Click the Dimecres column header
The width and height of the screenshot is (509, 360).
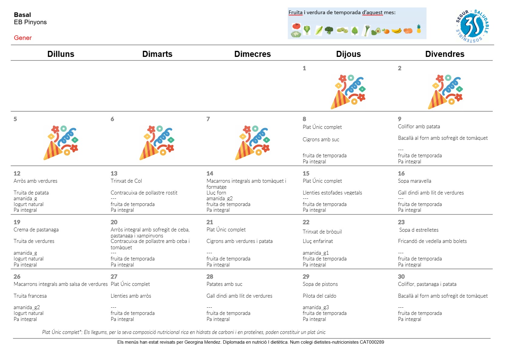click(252, 54)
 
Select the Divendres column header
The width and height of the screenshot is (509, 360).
click(445, 54)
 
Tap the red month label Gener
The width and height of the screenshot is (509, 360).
click(23, 38)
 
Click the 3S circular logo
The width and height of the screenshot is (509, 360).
click(472, 26)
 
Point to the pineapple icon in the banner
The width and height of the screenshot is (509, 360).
click(419, 29)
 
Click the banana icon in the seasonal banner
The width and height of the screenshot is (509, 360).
click(396, 30)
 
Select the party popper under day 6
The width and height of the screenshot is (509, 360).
click(157, 142)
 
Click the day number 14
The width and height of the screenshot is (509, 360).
click(210, 173)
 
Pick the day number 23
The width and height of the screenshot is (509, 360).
click(401, 222)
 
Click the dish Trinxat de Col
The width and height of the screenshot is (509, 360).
click(126, 181)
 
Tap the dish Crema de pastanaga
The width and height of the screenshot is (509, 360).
click(36, 230)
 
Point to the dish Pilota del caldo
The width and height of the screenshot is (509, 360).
click(319, 296)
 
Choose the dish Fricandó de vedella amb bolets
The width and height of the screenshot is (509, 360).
click(432, 241)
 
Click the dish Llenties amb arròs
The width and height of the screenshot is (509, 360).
click(131, 296)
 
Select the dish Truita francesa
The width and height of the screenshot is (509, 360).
click(30, 296)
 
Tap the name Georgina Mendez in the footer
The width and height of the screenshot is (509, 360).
click(202, 342)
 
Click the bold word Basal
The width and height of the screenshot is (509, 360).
click(22, 15)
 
